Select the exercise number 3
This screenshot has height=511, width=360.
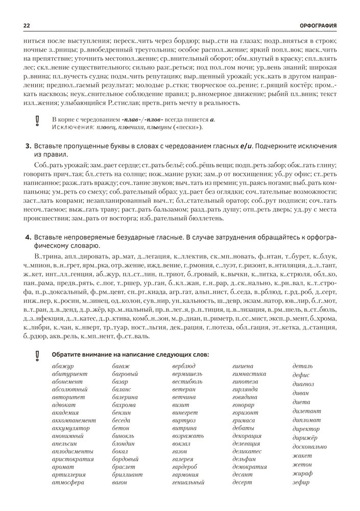[x=28, y=147]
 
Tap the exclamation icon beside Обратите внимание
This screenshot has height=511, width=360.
[x=37, y=355]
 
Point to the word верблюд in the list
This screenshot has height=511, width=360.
[x=184, y=366]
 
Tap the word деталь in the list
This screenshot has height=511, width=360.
[x=303, y=366]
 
